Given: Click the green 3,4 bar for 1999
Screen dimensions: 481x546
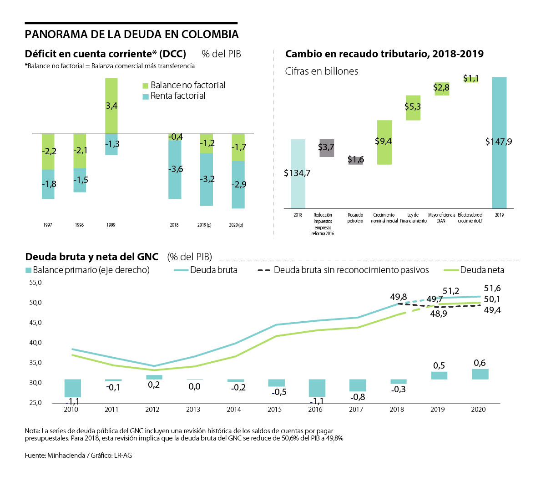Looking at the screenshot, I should coord(111,106).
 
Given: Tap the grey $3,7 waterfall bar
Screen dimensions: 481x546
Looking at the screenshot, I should coord(327,148).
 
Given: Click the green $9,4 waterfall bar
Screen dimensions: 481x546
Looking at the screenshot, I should coord(384,142).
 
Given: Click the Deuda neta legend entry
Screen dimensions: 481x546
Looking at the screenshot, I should coord(482,270).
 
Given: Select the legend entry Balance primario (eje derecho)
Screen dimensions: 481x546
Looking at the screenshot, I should coord(91,270).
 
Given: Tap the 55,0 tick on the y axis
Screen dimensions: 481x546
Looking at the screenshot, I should coord(35,283).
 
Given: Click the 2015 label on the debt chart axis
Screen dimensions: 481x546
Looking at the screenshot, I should coord(274,410).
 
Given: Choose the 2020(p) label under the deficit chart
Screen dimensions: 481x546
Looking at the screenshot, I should coord(236,225).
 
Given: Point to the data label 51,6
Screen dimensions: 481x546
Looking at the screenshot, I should coord(492,288).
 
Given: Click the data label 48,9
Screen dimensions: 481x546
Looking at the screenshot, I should coord(439,314).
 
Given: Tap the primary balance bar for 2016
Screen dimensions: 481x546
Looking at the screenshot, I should coord(317,388).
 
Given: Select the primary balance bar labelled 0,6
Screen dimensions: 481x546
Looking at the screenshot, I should coord(480,374).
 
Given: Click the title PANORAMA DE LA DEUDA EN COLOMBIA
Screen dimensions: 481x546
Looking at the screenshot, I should coord(131,35).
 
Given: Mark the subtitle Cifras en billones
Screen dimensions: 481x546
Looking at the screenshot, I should coord(322,71).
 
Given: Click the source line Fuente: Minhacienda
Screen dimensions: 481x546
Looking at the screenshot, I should coord(78,455).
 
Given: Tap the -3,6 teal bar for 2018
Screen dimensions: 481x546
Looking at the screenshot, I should coord(175,169).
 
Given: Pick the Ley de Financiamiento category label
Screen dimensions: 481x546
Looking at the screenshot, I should coord(413,218).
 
